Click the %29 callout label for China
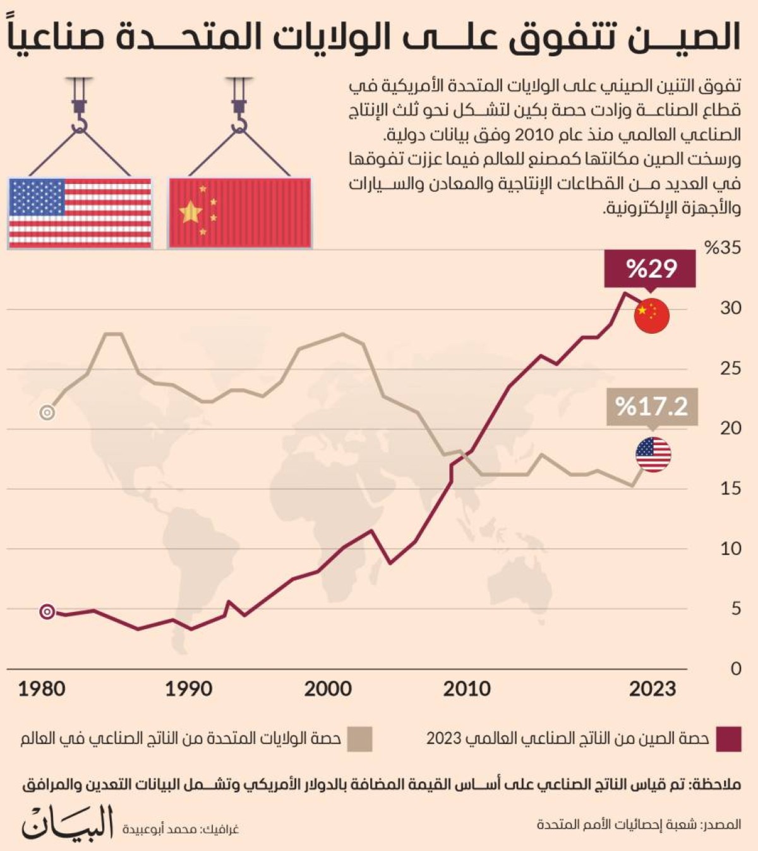(x=650, y=269)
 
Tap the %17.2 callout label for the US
(x=651, y=406)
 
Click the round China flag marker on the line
(x=652, y=315)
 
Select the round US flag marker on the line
(x=653, y=454)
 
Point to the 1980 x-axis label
(x=42, y=689)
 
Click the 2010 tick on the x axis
(x=466, y=689)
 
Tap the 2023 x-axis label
(x=652, y=689)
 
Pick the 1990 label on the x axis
(x=188, y=689)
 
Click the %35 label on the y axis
(x=723, y=248)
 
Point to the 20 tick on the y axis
(x=730, y=428)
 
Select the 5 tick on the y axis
(x=735, y=608)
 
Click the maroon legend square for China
(x=728, y=738)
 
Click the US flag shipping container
(x=80, y=212)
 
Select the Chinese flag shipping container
(x=240, y=212)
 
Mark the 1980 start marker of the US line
(x=47, y=413)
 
